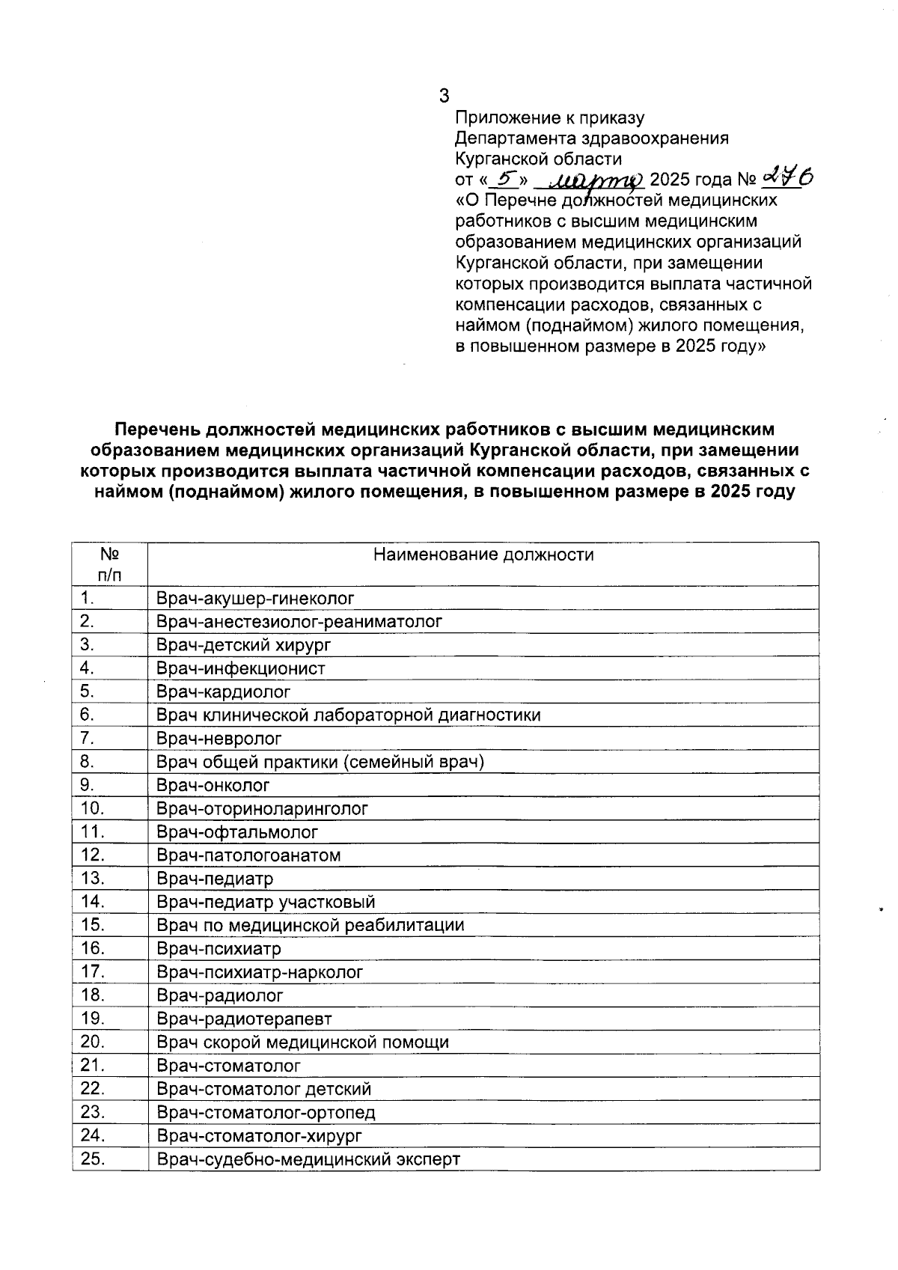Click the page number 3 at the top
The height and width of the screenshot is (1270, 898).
click(x=445, y=96)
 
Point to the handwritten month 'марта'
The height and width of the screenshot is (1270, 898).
click(x=590, y=180)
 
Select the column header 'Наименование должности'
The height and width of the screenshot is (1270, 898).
click(x=483, y=555)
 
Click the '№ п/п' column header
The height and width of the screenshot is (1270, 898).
click(x=110, y=564)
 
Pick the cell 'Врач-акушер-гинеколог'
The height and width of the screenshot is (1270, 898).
click(x=255, y=599)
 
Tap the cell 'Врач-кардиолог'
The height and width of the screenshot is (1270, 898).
click(x=224, y=692)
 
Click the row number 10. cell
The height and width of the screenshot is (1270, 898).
click(x=92, y=808)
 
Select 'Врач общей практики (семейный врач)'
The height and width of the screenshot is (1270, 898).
click(x=320, y=762)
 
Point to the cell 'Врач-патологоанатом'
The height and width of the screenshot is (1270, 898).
click(x=248, y=855)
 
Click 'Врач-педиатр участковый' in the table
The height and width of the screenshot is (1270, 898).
click(x=266, y=903)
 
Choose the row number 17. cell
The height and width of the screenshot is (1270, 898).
click(x=92, y=972)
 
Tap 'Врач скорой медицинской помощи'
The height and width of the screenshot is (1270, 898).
click(x=302, y=1042)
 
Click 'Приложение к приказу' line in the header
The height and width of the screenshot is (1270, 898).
click(x=550, y=117)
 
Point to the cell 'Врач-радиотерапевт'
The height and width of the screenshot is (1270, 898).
click(x=244, y=1019)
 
